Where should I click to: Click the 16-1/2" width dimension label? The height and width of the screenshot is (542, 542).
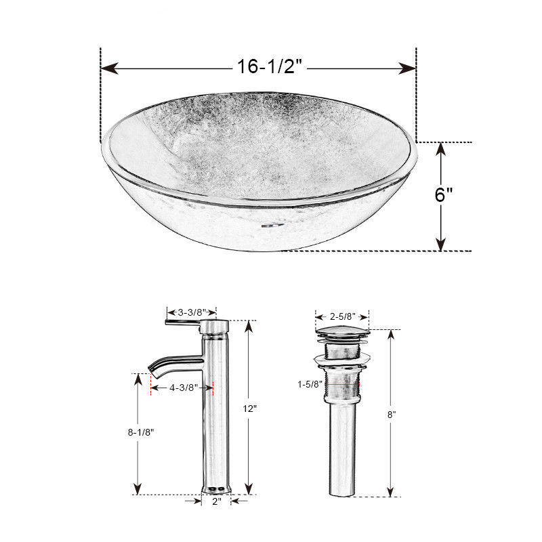pos(270,66)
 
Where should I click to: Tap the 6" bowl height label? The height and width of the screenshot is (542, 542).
pos(444,194)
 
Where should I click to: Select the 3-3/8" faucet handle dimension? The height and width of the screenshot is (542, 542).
pos(192,313)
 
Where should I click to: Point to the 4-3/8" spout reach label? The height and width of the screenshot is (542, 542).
pos(184,388)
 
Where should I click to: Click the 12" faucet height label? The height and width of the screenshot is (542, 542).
pos(249,409)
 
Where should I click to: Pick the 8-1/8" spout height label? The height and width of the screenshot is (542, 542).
pos(141,432)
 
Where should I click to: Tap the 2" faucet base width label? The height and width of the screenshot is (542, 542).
pos(217,501)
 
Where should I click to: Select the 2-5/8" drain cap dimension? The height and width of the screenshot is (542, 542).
pos(343,316)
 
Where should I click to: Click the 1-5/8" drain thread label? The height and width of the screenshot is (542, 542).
pos(310,384)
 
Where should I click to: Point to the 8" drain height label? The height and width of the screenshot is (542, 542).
pos(392,415)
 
